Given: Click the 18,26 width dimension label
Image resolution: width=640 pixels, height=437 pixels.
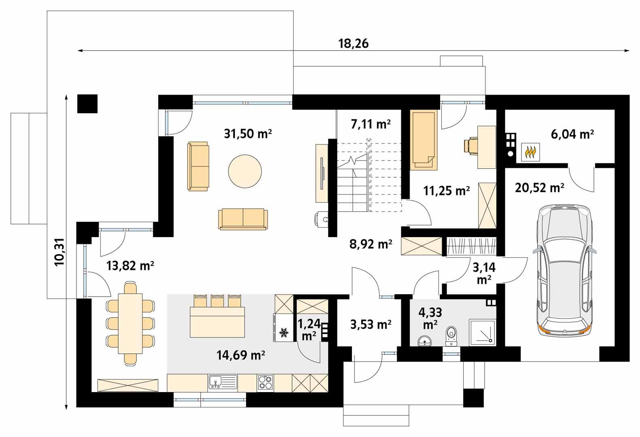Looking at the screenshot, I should click(353, 44).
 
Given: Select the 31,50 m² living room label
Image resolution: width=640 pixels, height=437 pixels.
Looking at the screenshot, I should click(248, 133).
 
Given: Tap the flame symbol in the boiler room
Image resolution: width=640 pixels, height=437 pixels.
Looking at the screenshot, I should click(530, 153).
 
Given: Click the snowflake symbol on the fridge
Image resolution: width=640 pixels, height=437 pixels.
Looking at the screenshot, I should click(284, 333).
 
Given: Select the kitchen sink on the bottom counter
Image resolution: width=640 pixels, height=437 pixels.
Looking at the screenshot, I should click(222, 382).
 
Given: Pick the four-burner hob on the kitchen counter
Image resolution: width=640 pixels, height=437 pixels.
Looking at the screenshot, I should click(265, 382).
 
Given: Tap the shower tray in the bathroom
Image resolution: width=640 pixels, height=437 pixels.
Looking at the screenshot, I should click(482, 333).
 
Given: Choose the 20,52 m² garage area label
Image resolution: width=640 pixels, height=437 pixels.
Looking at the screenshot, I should click(540, 188).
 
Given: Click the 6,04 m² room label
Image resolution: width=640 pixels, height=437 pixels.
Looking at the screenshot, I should click(572, 134).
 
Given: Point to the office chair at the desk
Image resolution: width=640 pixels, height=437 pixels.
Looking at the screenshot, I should click(470, 146).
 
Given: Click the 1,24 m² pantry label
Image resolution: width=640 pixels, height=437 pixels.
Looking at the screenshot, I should click(309, 329).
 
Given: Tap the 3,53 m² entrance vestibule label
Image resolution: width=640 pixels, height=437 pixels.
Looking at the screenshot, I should click(370, 324).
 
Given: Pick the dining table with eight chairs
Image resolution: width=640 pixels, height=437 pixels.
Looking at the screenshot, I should click(130, 324).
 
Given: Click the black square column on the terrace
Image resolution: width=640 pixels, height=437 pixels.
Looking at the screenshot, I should click(87, 104).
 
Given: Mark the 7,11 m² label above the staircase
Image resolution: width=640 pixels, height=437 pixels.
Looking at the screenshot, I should click(371, 124).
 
